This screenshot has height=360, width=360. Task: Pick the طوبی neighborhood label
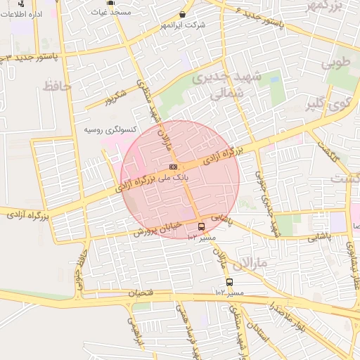[x=335, y=63]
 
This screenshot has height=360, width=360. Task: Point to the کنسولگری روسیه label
[x=105, y=130]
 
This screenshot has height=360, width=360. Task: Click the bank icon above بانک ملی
[x=173, y=167]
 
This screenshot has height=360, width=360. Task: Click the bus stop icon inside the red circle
[x=202, y=226]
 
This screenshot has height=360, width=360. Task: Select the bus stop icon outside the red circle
[x=229, y=282]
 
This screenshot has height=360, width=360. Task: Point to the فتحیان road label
[x=142, y=292]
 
